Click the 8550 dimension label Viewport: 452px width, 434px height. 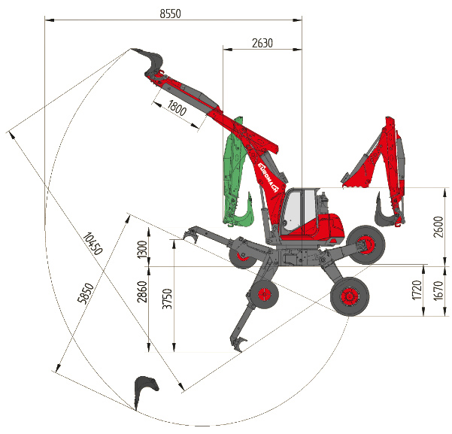click(171, 14)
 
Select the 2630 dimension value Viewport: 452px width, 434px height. click(262, 43)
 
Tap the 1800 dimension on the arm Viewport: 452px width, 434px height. click(177, 108)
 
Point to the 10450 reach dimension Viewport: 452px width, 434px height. click(93, 244)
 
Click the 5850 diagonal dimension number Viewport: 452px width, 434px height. click(86, 293)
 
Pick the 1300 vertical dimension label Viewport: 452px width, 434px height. click(142, 250)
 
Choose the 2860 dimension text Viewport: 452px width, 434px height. click(142, 292)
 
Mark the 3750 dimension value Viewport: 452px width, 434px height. click(167, 299)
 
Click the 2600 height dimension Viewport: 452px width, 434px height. click(438, 226)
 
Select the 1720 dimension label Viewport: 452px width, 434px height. click(417, 290)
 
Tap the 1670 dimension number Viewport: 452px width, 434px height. click(438, 290)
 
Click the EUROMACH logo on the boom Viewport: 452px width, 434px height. click(268, 178)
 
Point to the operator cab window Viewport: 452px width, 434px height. click(299, 211)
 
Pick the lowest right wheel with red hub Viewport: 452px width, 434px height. click(350, 297)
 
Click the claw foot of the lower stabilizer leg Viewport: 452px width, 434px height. click(238, 344)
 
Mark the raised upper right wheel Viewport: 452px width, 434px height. click(366, 244)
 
